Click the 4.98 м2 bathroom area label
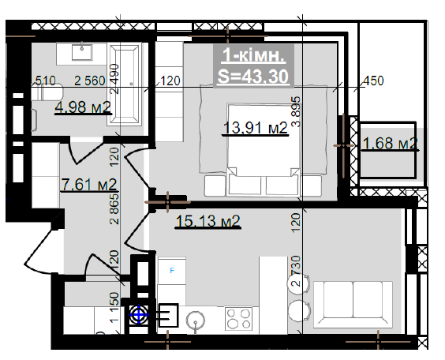[x=83, y=107]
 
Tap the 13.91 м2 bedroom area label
[x=256, y=128]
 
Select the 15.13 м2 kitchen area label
[x=208, y=221]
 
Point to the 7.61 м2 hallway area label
[x=89, y=185]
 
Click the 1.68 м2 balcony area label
[x=391, y=144]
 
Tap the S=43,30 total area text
[x=253, y=77]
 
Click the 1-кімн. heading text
[x=254, y=54]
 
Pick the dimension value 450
[x=373, y=81]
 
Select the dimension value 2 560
[x=90, y=81]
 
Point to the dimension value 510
[x=46, y=81]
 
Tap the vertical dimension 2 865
[x=114, y=209]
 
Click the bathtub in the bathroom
[x=124, y=84]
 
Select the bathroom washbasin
[x=82, y=53]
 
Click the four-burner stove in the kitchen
[x=238, y=318]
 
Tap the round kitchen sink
[x=196, y=321]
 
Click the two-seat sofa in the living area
[x=353, y=305]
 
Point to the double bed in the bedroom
[x=264, y=150]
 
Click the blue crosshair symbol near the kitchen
[x=139, y=314]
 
